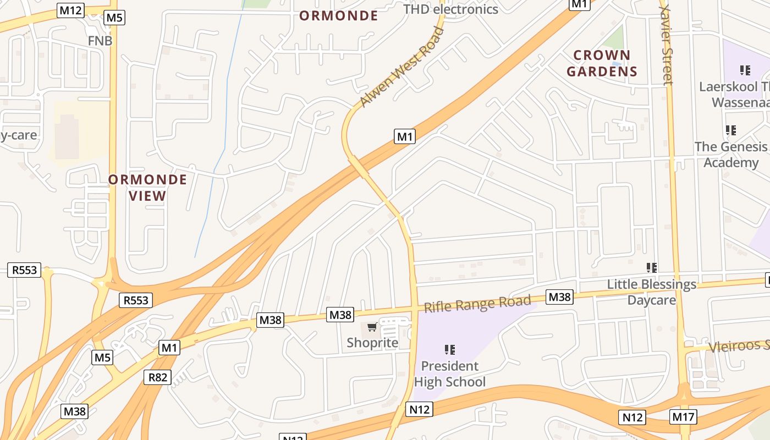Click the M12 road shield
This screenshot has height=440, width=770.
tap(70, 10)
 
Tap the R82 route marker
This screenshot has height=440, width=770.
tap(157, 377)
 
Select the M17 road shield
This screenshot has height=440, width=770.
tap(683, 417)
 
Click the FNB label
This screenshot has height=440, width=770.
tap(100, 41)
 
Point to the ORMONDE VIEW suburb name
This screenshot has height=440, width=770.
tap(147, 188)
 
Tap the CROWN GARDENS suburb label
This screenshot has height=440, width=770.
tap(602, 63)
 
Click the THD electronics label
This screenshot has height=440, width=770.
tap(450, 9)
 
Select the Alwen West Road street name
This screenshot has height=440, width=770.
tap(401, 67)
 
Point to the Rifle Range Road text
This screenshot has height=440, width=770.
tap(477, 304)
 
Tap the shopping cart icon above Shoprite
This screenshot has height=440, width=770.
tap(372, 328)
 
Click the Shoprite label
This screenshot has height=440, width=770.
tap(372, 343)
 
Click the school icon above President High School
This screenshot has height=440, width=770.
tap(450, 349)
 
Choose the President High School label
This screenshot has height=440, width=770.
tap(450, 374)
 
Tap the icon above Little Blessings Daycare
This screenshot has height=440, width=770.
tap(652, 268)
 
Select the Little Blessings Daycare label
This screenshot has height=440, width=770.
tap(652, 292)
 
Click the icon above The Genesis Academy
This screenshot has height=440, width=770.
tap(731, 130)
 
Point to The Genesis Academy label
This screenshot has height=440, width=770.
tap(731, 155)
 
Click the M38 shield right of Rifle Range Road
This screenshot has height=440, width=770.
tap(560, 298)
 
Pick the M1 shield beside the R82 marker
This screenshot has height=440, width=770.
tap(169, 348)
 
